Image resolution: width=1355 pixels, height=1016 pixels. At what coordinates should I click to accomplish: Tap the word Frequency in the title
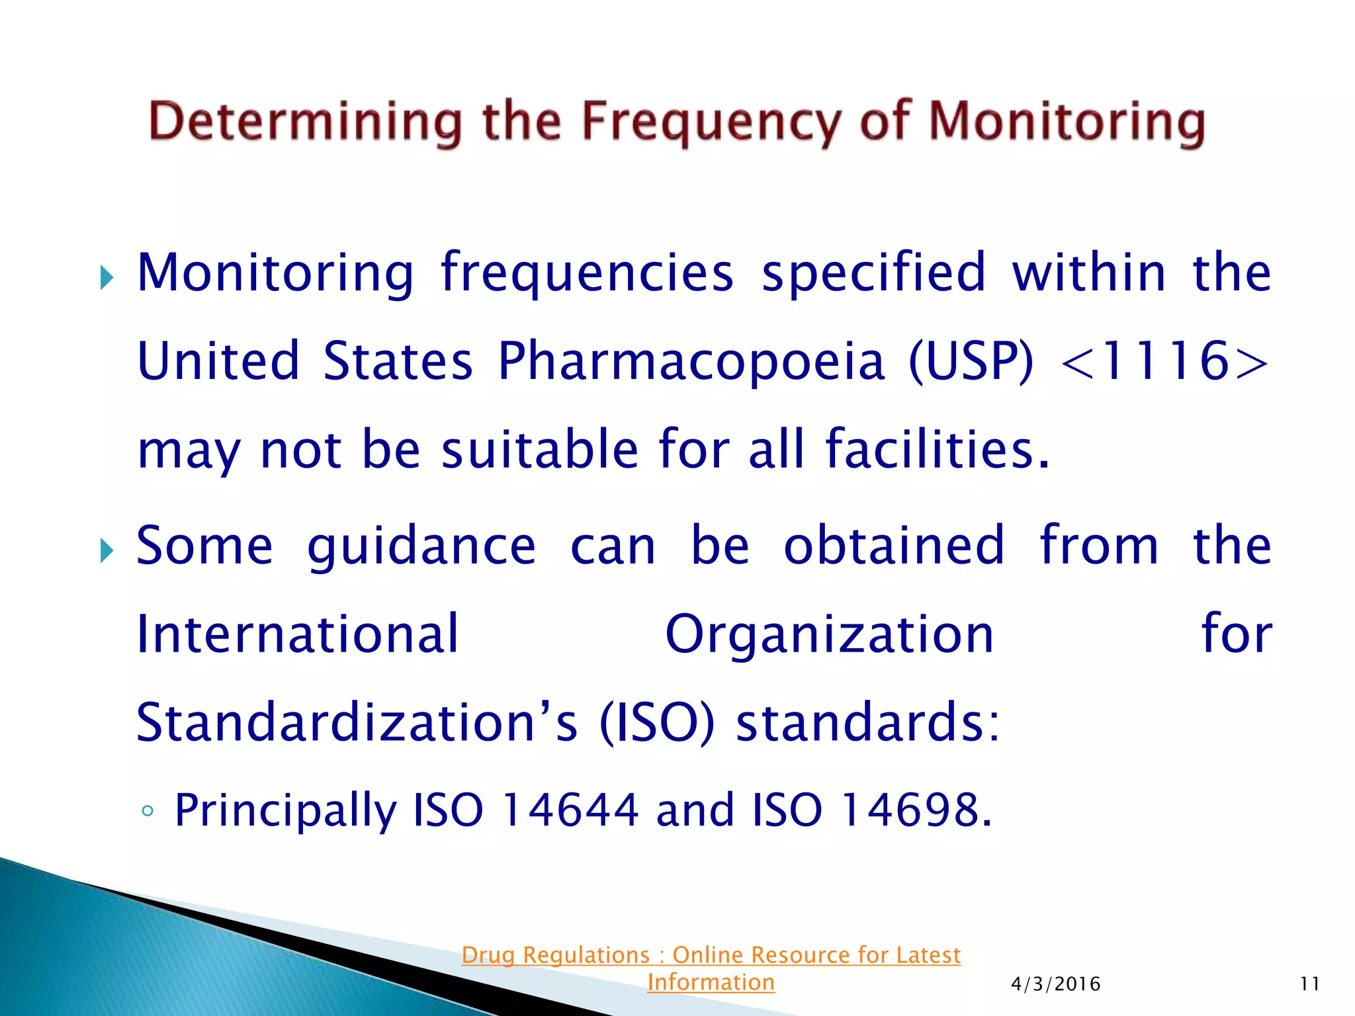coord(712,123)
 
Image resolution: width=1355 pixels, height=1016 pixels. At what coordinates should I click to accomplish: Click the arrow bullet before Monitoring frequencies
coord(107,277)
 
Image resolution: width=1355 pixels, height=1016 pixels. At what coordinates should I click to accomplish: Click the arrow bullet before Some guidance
coord(107,550)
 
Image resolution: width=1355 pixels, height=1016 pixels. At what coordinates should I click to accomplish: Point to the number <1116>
coord(1164,361)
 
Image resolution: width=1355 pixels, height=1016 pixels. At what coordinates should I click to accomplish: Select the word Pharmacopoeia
coord(691,361)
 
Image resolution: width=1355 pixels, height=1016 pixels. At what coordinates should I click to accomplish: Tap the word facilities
coord(937,450)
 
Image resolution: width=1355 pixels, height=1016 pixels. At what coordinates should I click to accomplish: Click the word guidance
coord(421,546)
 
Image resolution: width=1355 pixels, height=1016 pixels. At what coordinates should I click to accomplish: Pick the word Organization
coord(829,634)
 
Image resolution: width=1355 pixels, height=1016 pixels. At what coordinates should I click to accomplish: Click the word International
coord(297,634)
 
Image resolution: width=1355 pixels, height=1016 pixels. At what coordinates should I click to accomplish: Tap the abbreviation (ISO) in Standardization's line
coord(656,722)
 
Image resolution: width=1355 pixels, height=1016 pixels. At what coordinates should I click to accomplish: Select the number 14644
coord(570,810)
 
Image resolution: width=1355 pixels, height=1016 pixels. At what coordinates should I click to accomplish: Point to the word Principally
coord(284,811)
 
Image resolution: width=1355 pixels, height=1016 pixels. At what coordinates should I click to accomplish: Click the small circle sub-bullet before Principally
coord(148,811)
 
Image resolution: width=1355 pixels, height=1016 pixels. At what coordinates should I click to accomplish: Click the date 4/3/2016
coord(1055,984)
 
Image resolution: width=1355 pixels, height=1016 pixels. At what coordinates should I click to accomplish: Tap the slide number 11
coord(1309,984)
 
